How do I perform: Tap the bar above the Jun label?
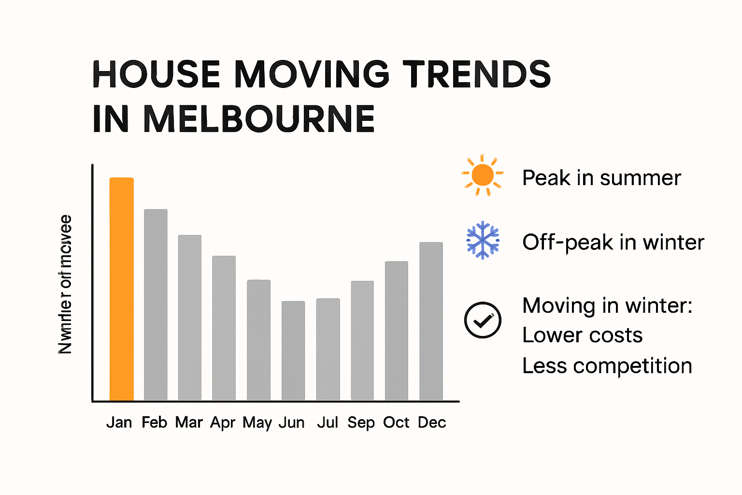click(x=293, y=350)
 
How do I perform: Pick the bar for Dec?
click(x=431, y=321)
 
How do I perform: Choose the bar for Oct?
click(x=396, y=331)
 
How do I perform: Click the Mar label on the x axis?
click(x=189, y=422)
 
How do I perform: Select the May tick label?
click(x=257, y=423)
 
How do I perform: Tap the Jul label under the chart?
click(x=328, y=422)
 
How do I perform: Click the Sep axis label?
click(x=361, y=423)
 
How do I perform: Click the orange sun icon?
click(x=482, y=175)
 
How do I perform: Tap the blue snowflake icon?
click(x=483, y=240)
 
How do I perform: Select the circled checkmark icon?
click(x=483, y=320)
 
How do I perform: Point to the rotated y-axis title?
click(x=65, y=284)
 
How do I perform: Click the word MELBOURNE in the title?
click(x=259, y=119)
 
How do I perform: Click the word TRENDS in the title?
click(x=477, y=74)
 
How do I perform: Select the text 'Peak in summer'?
click(x=601, y=178)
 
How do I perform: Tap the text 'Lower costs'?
click(x=582, y=335)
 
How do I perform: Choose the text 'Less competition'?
click(x=607, y=366)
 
